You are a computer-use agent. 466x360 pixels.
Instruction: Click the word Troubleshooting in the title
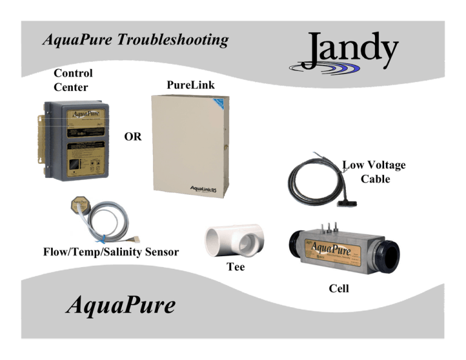(x=174, y=41)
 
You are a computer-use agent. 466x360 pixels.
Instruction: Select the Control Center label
(x=73, y=80)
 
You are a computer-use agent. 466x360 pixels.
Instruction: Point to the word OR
(x=132, y=137)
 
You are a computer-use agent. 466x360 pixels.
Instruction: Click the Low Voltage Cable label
(x=374, y=172)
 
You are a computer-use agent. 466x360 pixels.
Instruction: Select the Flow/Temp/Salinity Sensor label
(x=111, y=251)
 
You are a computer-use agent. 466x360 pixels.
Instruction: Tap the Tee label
(x=235, y=267)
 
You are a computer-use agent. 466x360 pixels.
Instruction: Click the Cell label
(x=339, y=289)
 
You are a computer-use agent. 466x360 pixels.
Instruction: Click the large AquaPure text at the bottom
(x=120, y=305)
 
